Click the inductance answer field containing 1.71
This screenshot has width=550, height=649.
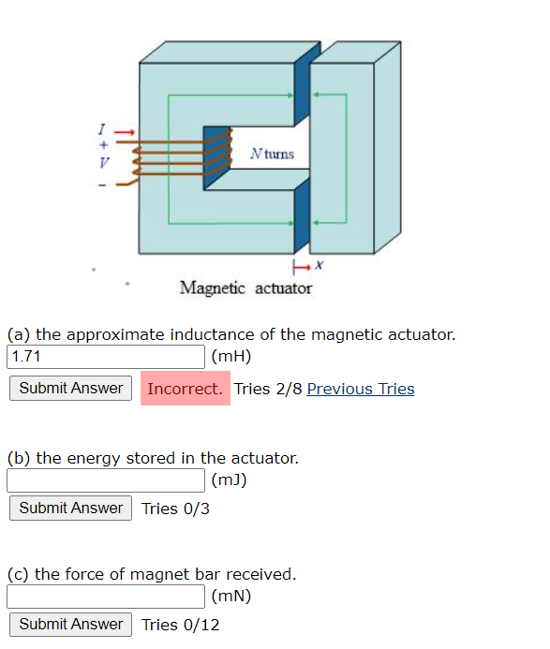click(x=106, y=357)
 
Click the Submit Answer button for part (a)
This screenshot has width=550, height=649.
click(x=70, y=389)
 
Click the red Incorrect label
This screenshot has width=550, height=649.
click(x=185, y=389)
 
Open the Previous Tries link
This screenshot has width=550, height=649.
click(x=360, y=389)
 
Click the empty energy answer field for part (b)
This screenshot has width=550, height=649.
click(x=106, y=481)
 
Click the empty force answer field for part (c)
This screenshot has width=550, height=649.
click(x=106, y=597)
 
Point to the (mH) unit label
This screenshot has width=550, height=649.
click(x=231, y=357)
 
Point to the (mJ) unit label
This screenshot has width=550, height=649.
click(x=230, y=481)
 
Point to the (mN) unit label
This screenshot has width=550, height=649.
click(x=231, y=597)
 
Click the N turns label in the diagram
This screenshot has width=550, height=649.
click(x=272, y=154)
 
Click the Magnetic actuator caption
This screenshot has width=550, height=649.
click(x=245, y=288)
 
